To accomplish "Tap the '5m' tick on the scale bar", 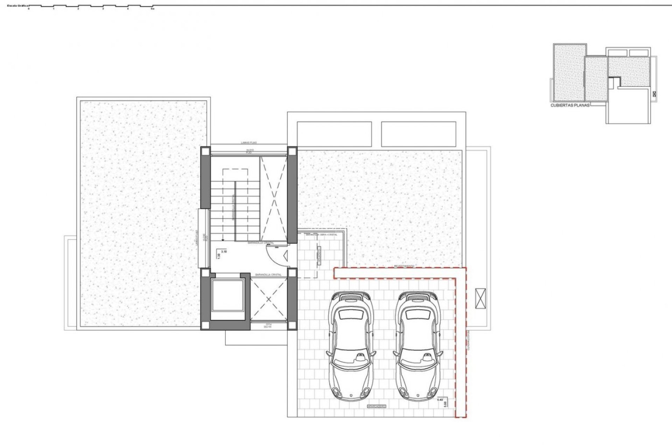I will pyautogui.click(x=152, y=9).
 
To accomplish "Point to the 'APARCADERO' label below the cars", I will pyautogui.click(x=376, y=406).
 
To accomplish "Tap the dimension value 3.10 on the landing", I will pyautogui.click(x=224, y=251).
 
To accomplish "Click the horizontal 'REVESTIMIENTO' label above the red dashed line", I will pyautogui.click(x=404, y=266).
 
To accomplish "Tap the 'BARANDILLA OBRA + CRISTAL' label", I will pyautogui.click(x=321, y=235).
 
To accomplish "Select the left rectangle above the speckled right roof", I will pyautogui.click(x=334, y=134).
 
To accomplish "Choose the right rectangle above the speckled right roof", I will pyautogui.click(x=419, y=134).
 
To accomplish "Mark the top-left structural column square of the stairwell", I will pyautogui.click(x=205, y=152).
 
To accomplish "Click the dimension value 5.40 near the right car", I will pyautogui.click(x=441, y=399).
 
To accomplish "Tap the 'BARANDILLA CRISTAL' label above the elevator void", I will pyautogui.click(x=268, y=275).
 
